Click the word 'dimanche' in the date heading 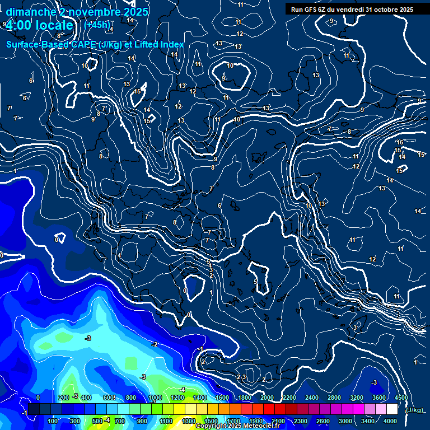click(x=30, y=12)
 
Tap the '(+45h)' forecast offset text click(x=97, y=25)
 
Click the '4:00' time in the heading click(x=18, y=25)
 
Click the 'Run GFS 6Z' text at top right click(x=309, y=9)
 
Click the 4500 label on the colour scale click(x=401, y=398)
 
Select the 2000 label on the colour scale click(x=267, y=398)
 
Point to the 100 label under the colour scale click(x=53, y=421)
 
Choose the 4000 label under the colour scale click(x=390, y=421)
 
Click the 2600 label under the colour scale click(x=322, y=421)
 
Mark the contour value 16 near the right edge click(x=400, y=143)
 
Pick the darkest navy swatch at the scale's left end click(x=34, y=409)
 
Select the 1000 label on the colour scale click(x=155, y=398)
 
